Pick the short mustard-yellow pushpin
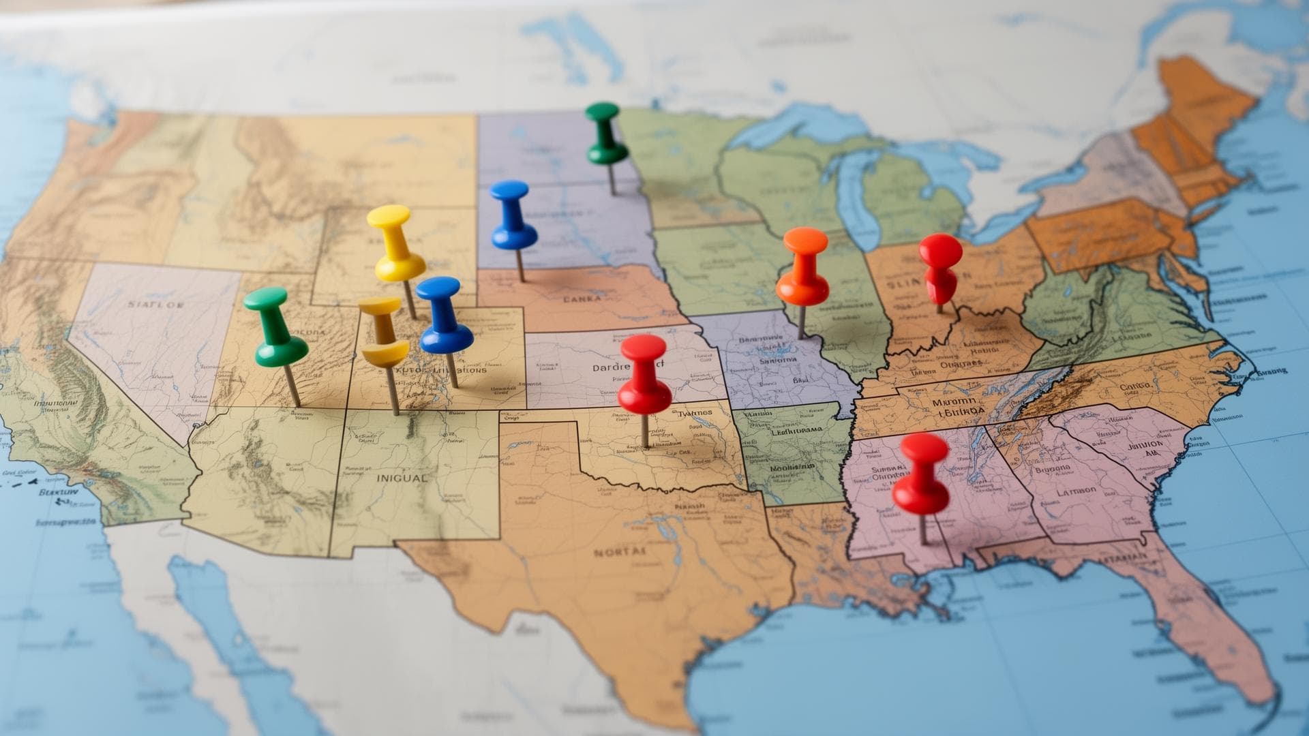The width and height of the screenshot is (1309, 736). (383, 334)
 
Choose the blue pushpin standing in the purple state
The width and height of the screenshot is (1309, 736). (512, 215)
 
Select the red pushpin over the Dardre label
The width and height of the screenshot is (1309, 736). (644, 375)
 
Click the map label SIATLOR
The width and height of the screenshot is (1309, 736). (155, 305)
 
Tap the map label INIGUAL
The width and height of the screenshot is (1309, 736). (402, 478)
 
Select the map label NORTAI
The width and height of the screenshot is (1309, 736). (618, 552)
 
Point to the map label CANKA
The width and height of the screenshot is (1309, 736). (582, 298)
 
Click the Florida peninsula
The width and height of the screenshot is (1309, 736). (1220, 634)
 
